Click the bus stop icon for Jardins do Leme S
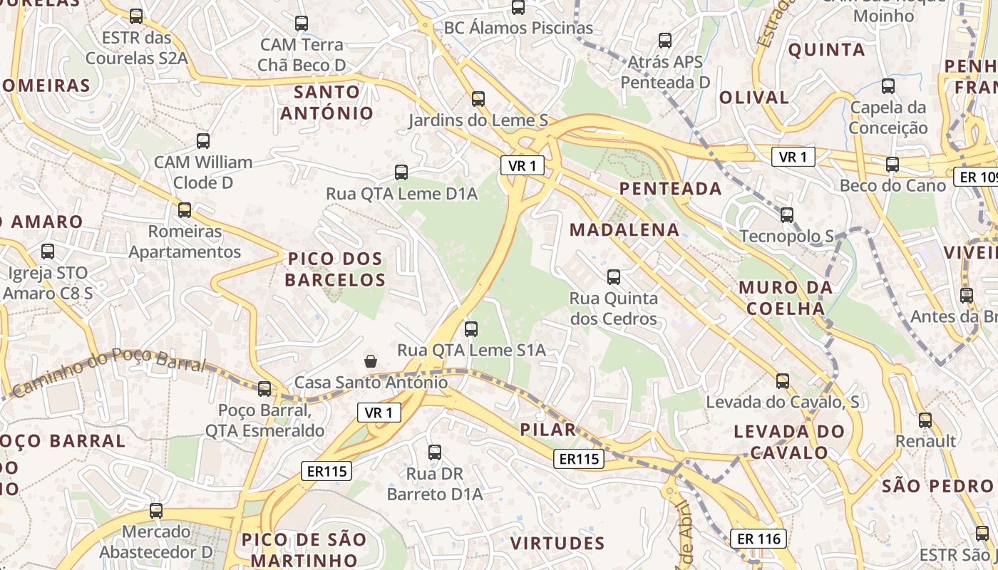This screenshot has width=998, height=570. tap(478, 99)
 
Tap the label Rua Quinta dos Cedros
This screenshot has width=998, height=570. tap(614, 308)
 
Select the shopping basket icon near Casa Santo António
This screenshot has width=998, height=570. tap(371, 361)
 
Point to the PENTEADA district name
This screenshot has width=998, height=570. tap(671, 189)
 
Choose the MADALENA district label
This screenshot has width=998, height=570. tap(624, 229)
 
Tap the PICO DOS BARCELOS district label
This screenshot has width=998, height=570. tap(335, 269)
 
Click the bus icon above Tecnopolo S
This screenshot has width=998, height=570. tap(787, 214)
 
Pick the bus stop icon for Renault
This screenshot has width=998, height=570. tap(925, 420)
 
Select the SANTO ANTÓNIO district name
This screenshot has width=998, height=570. tap(327, 103)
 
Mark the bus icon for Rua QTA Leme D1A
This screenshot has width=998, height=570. tap(401, 172)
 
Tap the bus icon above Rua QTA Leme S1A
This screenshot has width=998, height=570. tap(470, 328)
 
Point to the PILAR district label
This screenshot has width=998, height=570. tap(548, 430)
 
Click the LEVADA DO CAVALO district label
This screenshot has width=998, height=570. tap(789, 442)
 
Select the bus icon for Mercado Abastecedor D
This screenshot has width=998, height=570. tap(156, 510)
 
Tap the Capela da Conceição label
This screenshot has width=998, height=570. tap(888, 118)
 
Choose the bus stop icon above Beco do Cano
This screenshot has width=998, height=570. tap(892, 165)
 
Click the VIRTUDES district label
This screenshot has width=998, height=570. tap(557, 543)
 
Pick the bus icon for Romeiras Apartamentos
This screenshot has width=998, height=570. tap(185, 210)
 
